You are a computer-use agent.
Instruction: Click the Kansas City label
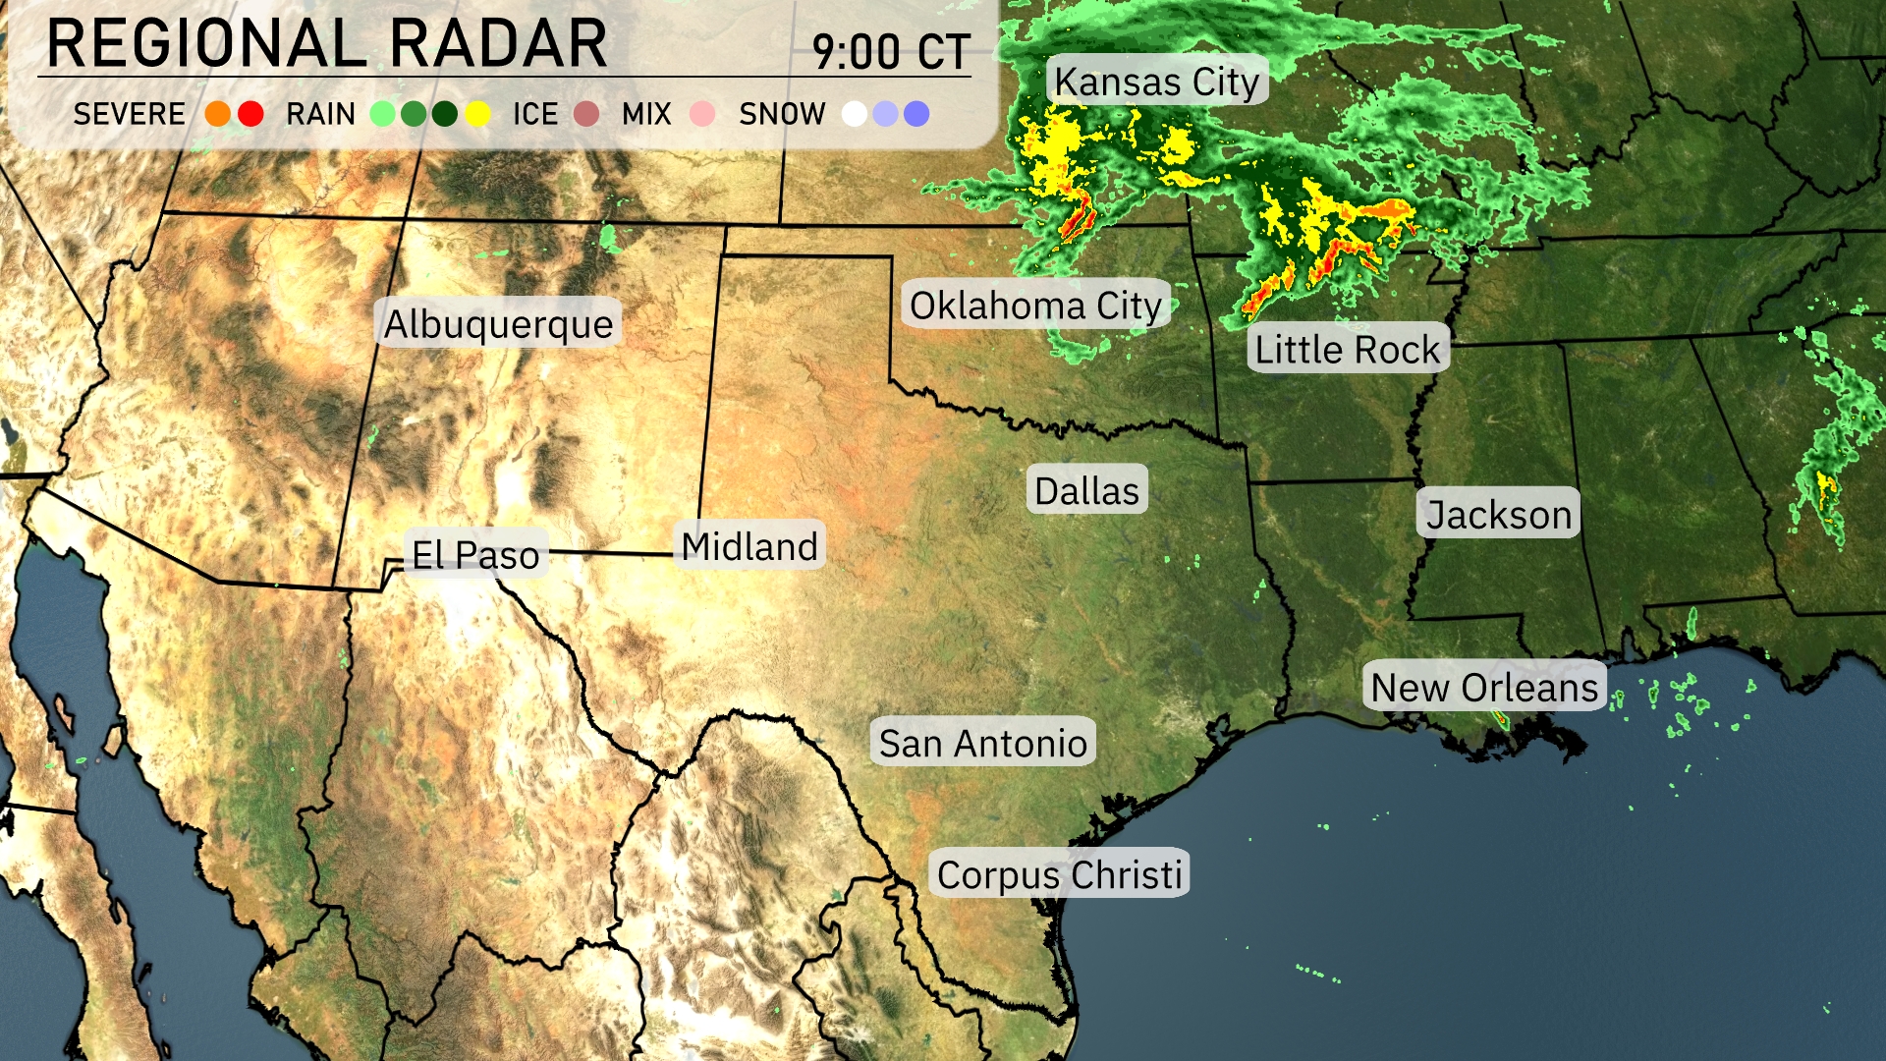[1156, 82]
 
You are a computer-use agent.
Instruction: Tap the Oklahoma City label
[1035, 306]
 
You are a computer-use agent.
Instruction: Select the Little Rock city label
[1347, 350]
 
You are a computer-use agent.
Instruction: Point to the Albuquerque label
[498, 323]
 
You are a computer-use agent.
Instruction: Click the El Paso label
[475, 555]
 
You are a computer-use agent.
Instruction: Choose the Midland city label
[749, 546]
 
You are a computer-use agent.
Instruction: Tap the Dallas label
[1086, 490]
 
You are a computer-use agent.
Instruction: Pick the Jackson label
[1498, 514]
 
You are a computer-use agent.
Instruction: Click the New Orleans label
[1484, 687]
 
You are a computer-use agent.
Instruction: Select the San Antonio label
[982, 743]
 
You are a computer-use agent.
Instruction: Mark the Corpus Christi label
[1059, 874]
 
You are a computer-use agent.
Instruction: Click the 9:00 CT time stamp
[891, 51]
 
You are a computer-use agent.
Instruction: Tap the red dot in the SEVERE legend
[250, 114]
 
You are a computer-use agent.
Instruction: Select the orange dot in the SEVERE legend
[218, 114]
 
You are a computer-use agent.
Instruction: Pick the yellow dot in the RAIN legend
[478, 114]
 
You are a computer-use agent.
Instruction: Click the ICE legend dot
[586, 114]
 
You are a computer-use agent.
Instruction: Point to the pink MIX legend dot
[702, 114]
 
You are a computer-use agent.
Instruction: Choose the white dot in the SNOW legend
[855, 114]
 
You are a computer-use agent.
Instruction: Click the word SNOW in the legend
[782, 114]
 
